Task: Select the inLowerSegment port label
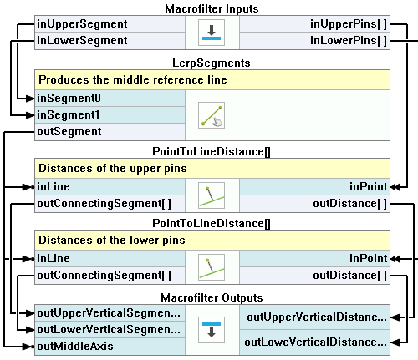click(x=82, y=41)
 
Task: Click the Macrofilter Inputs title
click(x=212, y=8)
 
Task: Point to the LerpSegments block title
click(x=212, y=63)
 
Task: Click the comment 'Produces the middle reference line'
click(x=133, y=80)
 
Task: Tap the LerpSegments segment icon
click(x=212, y=115)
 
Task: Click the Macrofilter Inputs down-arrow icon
click(x=212, y=33)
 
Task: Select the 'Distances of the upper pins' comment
click(x=113, y=169)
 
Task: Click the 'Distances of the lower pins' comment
click(x=112, y=240)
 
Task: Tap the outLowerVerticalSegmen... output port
click(x=109, y=330)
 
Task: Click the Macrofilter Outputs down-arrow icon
click(x=212, y=330)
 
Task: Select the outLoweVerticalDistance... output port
click(x=315, y=342)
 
